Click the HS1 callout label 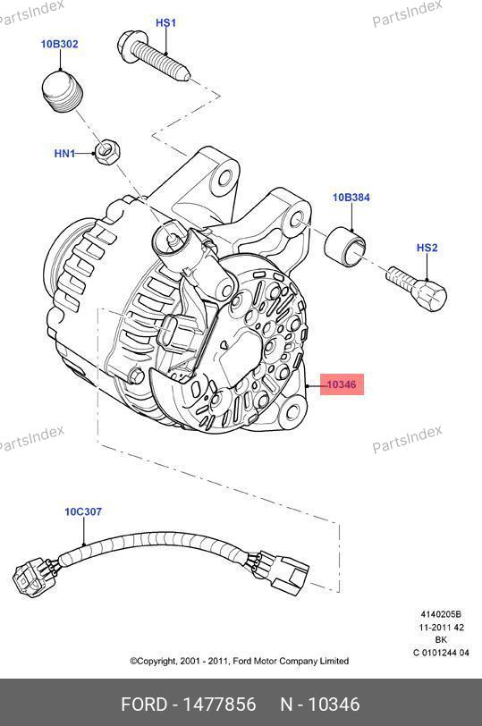click(165, 22)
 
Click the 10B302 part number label click(60, 44)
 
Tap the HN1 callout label click(64, 153)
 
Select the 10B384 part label click(351, 198)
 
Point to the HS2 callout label click(427, 248)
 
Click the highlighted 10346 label click(342, 384)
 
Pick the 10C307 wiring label click(83, 511)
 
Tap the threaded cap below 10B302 click(62, 91)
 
